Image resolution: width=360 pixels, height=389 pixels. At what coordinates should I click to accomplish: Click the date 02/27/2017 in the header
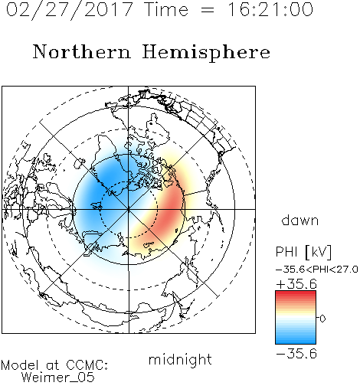(70, 10)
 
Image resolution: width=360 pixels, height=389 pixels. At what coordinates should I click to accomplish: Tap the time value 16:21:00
(270, 9)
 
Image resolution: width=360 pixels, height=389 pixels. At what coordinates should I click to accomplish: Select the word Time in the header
(166, 9)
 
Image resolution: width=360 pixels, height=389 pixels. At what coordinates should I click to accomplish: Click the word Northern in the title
(81, 51)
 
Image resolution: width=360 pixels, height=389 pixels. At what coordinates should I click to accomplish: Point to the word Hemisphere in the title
(206, 53)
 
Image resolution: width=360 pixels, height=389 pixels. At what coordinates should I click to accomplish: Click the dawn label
(300, 220)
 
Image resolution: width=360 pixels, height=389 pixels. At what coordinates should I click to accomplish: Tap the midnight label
(180, 359)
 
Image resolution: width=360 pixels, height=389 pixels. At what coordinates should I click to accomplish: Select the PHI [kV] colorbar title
(303, 252)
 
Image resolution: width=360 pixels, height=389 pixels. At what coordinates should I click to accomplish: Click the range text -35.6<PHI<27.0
(317, 270)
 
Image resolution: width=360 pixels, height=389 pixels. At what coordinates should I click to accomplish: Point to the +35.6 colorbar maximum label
(296, 284)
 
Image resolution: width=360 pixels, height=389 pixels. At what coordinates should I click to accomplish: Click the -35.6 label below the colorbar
(296, 354)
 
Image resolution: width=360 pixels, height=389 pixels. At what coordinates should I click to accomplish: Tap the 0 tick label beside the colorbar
(322, 319)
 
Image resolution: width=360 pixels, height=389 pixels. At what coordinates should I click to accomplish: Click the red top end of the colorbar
(296, 293)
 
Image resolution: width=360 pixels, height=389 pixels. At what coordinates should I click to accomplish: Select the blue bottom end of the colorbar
(296, 342)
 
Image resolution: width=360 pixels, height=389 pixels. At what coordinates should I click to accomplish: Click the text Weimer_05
(58, 377)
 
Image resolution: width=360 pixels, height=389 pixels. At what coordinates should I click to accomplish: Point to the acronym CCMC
(87, 365)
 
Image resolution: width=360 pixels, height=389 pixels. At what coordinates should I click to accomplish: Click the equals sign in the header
(208, 10)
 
